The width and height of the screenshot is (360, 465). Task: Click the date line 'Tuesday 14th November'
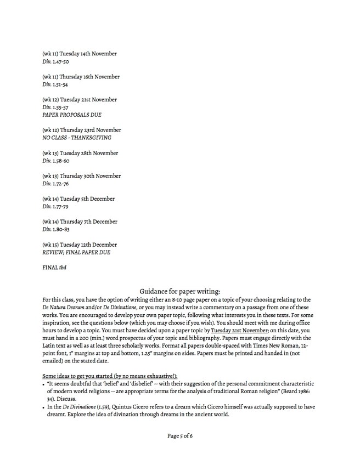point(79,54)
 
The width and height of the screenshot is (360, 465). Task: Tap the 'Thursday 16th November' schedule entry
point(80,77)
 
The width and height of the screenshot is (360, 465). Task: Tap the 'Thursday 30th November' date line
point(81,176)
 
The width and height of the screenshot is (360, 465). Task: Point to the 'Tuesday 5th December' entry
point(78,199)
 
